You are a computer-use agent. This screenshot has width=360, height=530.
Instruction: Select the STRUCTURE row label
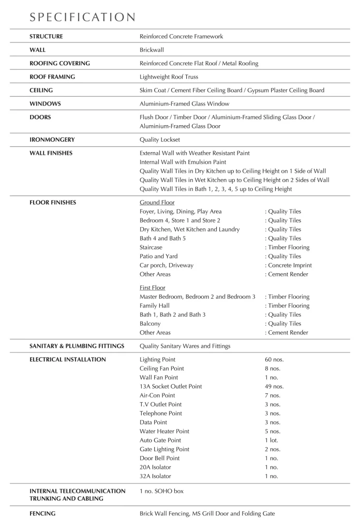46,37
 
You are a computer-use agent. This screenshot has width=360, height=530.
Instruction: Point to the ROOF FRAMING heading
52,77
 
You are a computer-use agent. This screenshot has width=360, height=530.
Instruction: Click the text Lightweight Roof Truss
169,77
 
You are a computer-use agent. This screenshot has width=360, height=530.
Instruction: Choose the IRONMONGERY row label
52,140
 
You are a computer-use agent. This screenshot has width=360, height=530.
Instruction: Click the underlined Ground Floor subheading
157,202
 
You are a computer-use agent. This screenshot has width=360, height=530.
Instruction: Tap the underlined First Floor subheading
154,288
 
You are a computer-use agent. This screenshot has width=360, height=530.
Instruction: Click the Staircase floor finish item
151,247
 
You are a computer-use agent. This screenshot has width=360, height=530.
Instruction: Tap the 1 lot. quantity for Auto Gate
271,440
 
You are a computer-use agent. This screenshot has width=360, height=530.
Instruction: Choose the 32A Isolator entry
155,476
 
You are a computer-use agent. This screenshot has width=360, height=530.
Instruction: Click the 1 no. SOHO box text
161,491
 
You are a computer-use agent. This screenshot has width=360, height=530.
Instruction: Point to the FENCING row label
43,514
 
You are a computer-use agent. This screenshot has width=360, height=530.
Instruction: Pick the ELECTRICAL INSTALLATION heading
68,359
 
